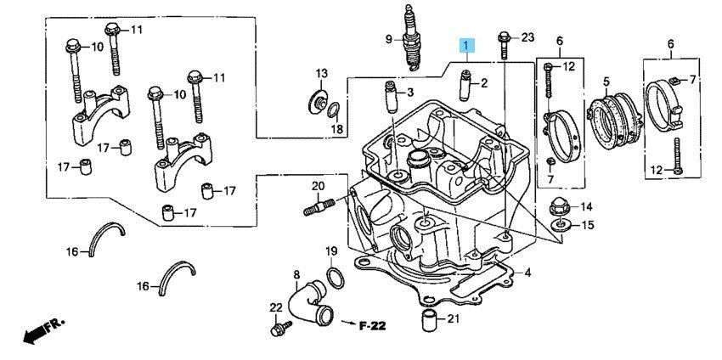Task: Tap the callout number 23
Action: pos(527,37)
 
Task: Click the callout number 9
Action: pos(387,39)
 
